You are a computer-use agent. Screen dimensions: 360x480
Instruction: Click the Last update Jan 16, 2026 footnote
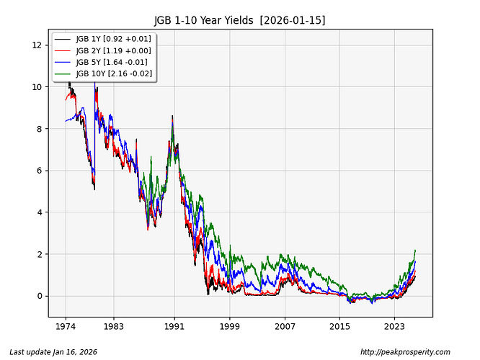pos(53,352)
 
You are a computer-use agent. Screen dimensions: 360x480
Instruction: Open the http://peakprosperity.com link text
pos(404,352)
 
